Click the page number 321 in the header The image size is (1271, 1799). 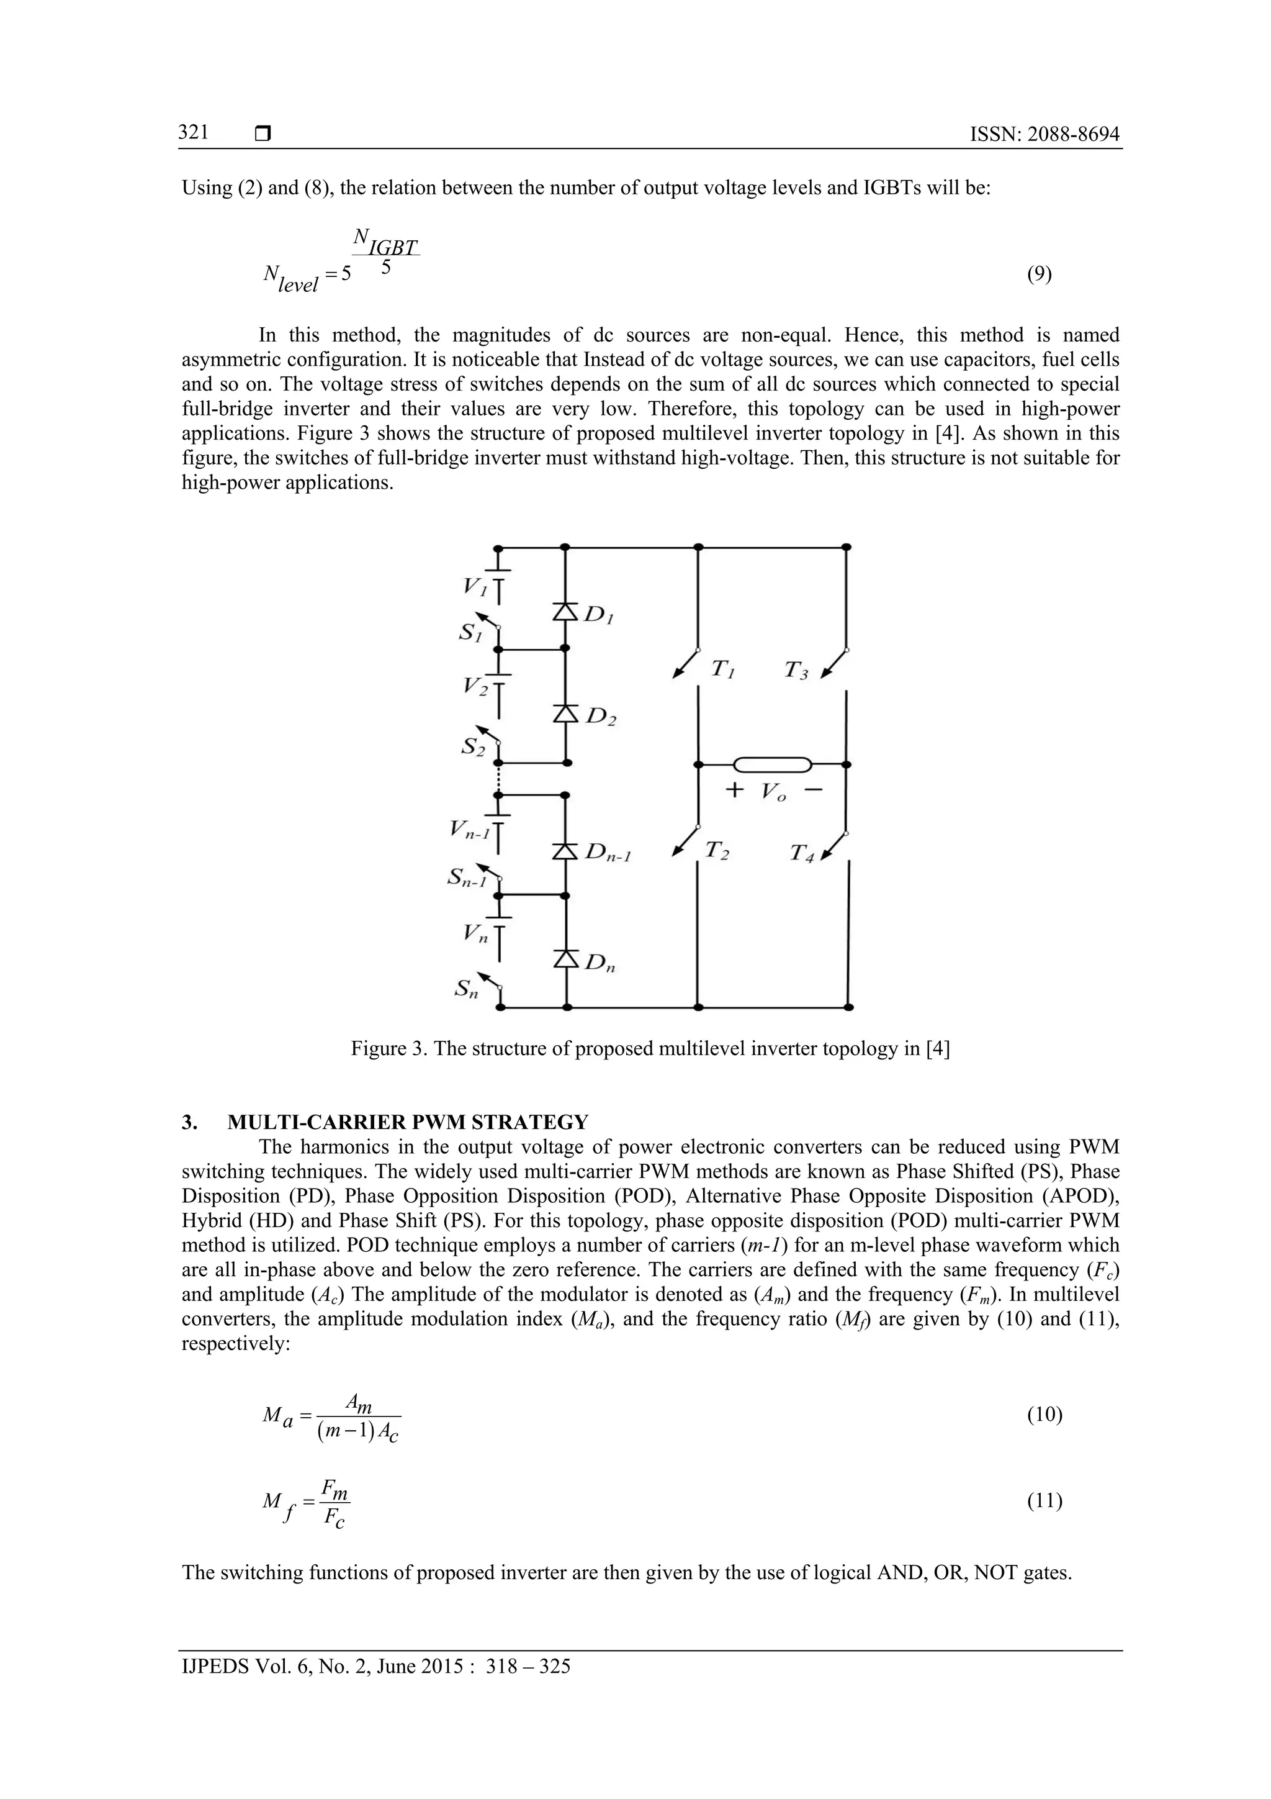tap(192, 132)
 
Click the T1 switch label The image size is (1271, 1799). tap(721, 670)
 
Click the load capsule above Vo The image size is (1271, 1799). tap(771, 764)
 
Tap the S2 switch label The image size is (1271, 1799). tap(472, 746)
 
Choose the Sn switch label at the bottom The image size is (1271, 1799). tap(467, 990)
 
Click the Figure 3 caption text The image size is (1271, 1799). tap(650, 1048)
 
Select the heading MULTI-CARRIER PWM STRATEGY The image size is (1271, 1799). tap(407, 1122)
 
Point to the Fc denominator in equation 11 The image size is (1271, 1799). tap(335, 1520)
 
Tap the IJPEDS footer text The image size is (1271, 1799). tap(376, 1666)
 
